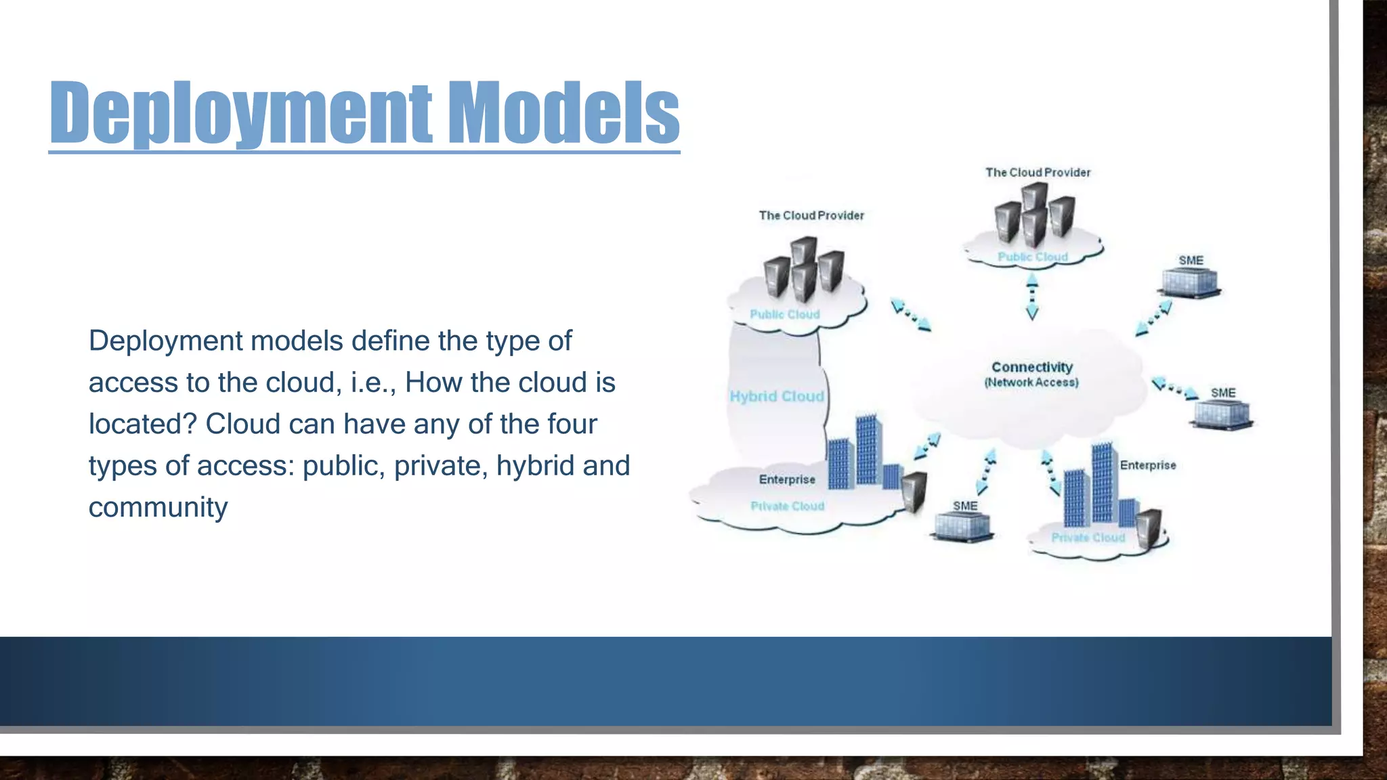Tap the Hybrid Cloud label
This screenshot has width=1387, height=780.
777,396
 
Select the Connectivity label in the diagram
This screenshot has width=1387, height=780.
1032,367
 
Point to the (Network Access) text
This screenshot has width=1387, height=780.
1031,383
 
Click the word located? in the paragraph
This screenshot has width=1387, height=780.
142,425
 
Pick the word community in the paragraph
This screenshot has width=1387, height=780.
158,508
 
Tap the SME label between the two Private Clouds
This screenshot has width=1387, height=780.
965,506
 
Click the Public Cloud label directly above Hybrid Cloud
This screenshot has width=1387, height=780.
784,314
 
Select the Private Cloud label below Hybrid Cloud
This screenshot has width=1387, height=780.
787,506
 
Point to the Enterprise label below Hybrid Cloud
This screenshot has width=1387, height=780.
787,479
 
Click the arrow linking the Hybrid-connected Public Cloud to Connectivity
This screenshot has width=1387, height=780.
911,316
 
